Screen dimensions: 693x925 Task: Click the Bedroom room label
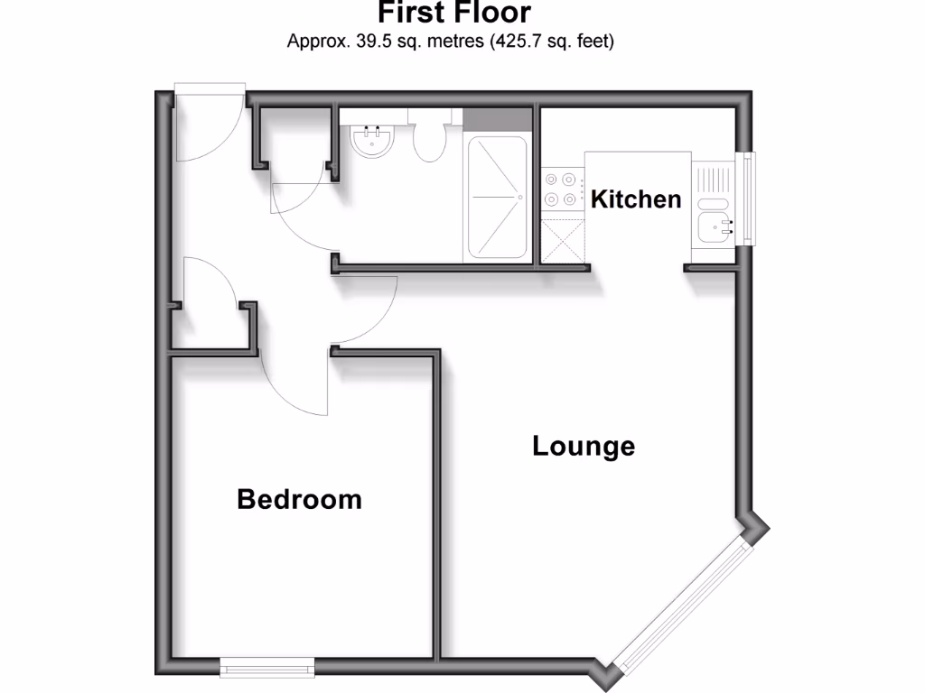[x=299, y=499]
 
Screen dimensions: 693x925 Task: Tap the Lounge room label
[x=584, y=446]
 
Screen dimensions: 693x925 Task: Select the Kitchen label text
[x=636, y=199]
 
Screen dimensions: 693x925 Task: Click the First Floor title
[x=453, y=14]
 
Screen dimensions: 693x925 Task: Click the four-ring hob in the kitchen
[x=561, y=189]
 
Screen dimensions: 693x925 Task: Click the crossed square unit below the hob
[x=561, y=240]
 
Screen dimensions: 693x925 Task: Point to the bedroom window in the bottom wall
[x=267, y=667]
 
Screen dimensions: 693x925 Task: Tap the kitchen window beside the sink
[x=747, y=199]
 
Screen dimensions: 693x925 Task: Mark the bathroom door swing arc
[x=303, y=217]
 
